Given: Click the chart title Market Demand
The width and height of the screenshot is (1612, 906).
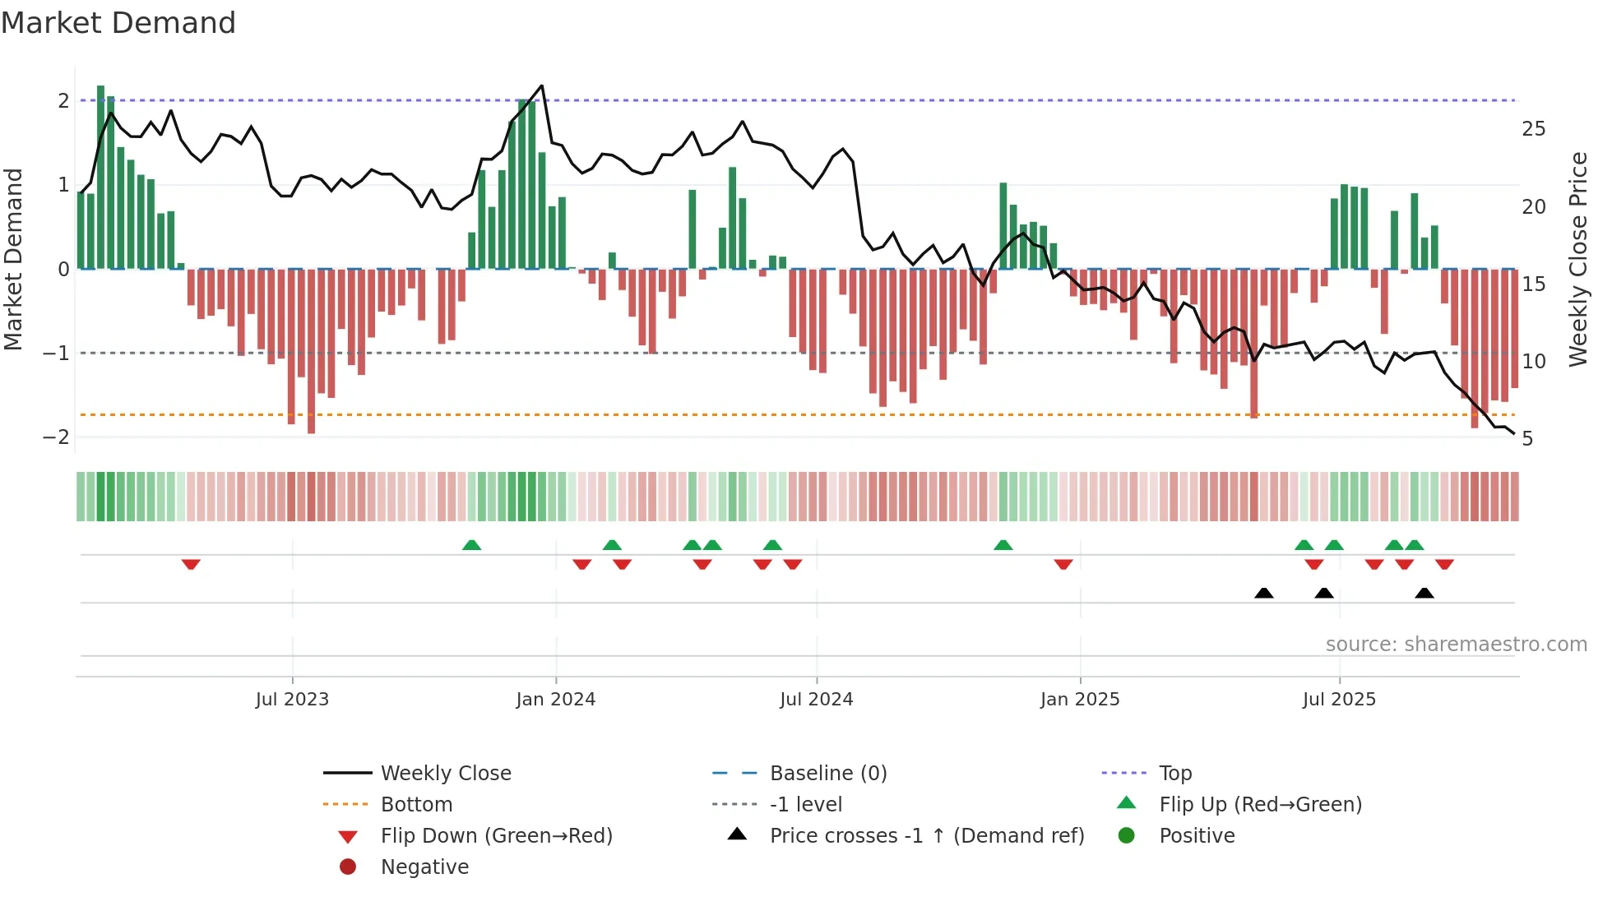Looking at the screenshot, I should [118, 23].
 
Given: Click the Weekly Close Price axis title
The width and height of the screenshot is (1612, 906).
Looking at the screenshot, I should [1577, 259].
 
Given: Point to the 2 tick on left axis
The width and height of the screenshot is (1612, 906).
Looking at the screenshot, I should [63, 101].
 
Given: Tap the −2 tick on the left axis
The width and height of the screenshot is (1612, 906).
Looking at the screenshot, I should [56, 437].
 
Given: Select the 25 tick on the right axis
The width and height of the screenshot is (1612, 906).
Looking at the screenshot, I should [1533, 129].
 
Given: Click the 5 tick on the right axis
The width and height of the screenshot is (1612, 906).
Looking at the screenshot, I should [1527, 439].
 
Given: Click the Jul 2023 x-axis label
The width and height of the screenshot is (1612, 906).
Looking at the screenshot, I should [292, 700].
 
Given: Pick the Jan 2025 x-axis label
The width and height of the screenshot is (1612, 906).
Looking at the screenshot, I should [1079, 700].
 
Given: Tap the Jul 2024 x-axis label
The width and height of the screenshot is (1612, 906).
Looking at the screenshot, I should [816, 700].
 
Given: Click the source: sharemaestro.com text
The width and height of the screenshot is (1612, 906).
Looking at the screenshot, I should [1456, 645].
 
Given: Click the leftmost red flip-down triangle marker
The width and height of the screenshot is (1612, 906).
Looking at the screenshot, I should [191, 564].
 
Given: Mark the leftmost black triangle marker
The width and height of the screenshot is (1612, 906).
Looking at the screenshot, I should [1264, 593].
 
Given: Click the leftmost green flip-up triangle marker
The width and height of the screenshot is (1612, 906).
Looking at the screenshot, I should [471, 545].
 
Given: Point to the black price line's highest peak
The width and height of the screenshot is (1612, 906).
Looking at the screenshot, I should [541, 86].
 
